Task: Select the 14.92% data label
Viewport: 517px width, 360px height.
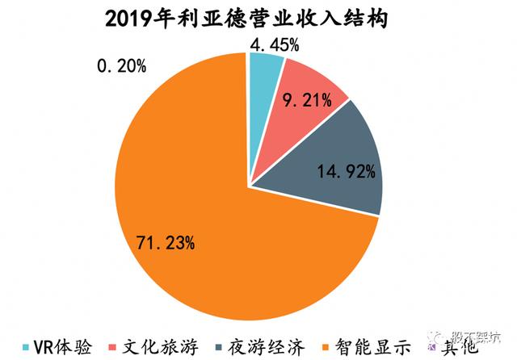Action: (346, 170)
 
